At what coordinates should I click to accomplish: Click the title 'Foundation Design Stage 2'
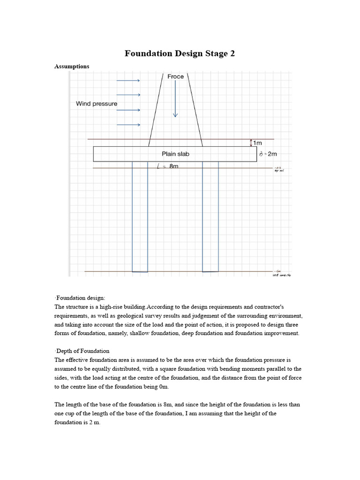tap(180, 53)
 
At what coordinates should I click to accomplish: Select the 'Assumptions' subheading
tap(72, 67)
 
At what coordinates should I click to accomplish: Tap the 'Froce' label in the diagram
tap(176, 76)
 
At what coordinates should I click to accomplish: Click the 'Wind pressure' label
tap(97, 104)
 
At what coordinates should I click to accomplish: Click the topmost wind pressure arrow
tap(128, 81)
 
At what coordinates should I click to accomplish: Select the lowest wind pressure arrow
tap(128, 125)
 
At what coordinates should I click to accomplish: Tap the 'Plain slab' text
tap(176, 154)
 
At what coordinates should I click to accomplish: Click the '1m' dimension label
tap(257, 142)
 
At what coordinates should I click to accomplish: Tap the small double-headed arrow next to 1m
tap(252, 142)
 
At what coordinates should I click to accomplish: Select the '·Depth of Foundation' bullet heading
tap(82, 351)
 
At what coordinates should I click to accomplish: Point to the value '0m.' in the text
tap(163, 387)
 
